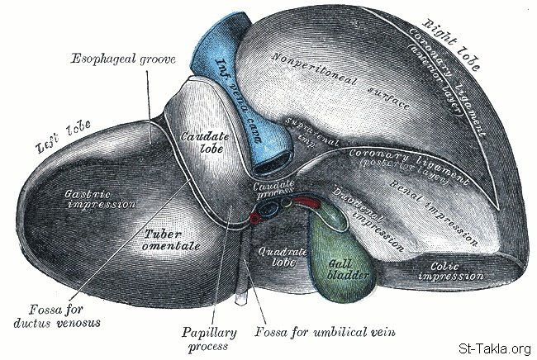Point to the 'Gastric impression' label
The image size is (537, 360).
tap(92, 198)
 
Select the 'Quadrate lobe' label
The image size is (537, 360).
tap(272, 255)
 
